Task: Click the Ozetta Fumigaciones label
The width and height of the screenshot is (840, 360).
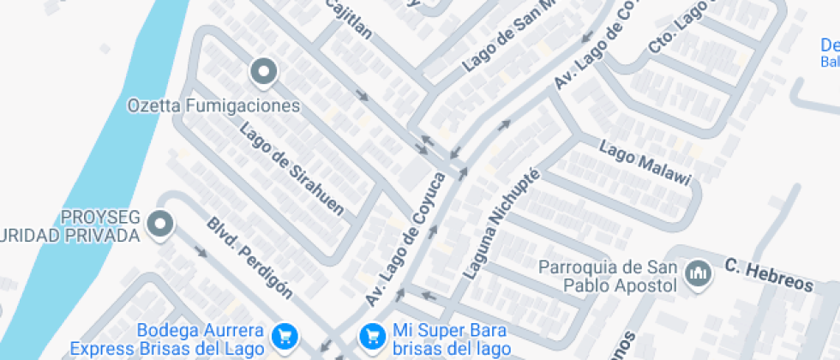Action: point(214,106)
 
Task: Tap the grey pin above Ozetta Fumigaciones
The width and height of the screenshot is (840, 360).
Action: point(264,72)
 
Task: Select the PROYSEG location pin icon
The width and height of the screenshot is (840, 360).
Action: point(159,225)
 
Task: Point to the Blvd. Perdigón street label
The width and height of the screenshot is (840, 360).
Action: point(249,257)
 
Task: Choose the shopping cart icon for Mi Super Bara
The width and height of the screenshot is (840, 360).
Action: point(371,334)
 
